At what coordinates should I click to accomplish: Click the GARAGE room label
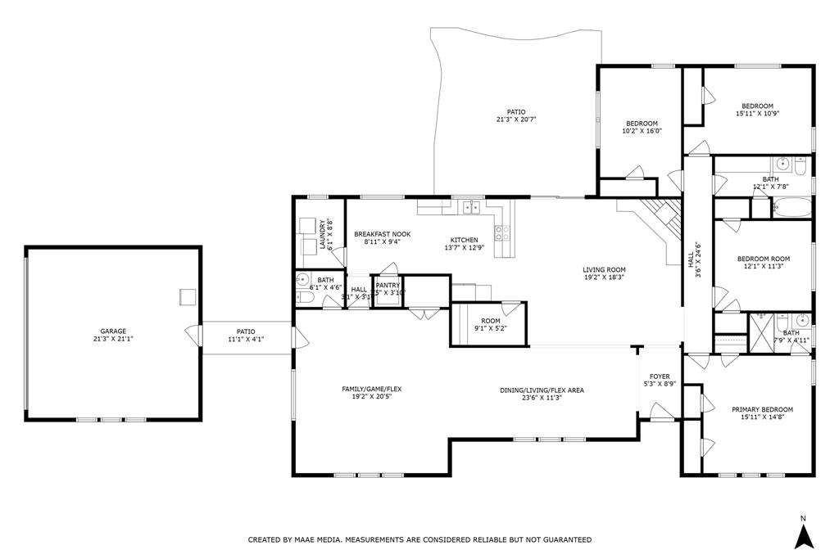click(113, 331)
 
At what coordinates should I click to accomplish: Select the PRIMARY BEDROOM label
click(762, 409)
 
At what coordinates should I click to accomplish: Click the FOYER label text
click(660, 376)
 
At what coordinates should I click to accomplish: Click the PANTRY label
click(387, 285)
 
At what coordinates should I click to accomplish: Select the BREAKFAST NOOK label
click(382, 234)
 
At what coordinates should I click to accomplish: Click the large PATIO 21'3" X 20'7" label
click(515, 112)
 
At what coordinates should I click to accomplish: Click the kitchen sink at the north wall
click(471, 208)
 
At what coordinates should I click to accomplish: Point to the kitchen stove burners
click(505, 232)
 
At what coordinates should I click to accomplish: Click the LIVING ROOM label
click(604, 270)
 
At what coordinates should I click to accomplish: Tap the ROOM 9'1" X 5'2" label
click(490, 321)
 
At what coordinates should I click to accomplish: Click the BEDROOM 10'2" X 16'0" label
click(642, 124)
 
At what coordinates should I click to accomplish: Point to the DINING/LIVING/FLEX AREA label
click(542, 390)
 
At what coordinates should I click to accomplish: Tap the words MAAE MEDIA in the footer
click(316, 540)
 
